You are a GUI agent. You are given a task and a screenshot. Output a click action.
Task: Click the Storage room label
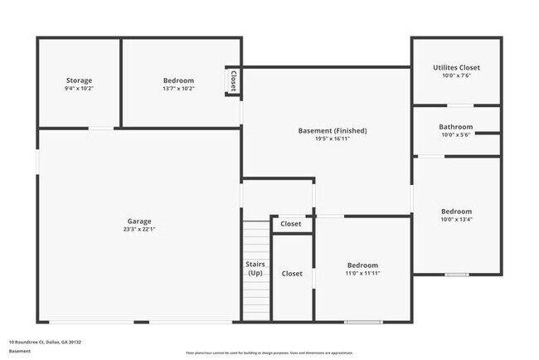coord(80,80)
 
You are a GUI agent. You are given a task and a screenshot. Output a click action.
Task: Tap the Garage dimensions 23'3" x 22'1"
coord(138,230)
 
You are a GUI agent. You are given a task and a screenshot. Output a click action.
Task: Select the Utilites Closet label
coord(456,67)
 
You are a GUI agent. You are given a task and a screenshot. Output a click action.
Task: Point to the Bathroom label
coord(456,127)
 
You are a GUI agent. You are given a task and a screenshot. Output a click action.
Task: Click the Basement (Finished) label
coord(332,130)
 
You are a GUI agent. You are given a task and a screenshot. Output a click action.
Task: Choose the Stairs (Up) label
coord(255,268)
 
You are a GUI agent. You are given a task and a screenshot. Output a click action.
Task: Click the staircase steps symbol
coord(257,241)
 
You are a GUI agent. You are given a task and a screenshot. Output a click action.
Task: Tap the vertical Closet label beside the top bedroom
coord(233,80)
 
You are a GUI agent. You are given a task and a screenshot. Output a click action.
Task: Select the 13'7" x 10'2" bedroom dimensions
coord(178,89)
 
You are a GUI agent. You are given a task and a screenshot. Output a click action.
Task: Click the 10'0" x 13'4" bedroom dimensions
coord(456,220)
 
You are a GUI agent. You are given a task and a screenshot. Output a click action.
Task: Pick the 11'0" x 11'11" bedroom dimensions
coord(362,273)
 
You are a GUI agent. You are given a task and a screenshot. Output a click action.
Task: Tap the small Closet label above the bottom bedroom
coord(291,224)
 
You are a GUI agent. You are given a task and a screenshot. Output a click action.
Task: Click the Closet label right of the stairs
coord(292,273)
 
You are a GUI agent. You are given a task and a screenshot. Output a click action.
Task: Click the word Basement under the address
coord(19,351)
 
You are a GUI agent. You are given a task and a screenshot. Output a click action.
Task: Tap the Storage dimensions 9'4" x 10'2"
coord(80,89)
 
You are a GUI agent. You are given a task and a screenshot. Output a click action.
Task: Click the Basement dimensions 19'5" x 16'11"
coord(332,139)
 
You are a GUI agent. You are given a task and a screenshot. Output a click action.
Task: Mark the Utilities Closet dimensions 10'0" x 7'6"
coord(456,75)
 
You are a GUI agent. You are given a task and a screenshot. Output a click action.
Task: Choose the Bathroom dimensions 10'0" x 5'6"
coord(456,135)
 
